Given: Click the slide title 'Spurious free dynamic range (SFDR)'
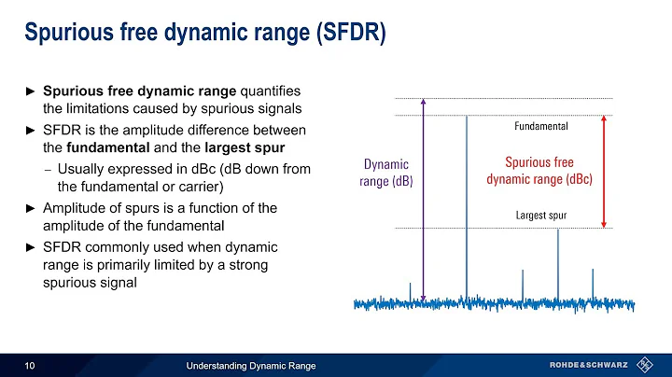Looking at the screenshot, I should [x=203, y=32].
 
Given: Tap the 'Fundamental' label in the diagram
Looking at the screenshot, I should [x=541, y=124].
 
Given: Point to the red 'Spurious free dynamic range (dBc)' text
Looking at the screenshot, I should [x=539, y=171].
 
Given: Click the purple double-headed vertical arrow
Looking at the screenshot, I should [x=424, y=201].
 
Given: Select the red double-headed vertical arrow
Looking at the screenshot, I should [x=605, y=172].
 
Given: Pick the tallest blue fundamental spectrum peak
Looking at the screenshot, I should [x=466, y=205].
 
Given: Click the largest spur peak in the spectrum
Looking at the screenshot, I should [x=558, y=261].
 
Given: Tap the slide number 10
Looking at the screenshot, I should [x=30, y=364].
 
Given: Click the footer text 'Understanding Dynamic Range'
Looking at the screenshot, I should [x=251, y=364].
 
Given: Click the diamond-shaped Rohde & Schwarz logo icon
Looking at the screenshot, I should [x=644, y=364].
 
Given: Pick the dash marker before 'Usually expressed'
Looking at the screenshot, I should [x=47, y=168].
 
